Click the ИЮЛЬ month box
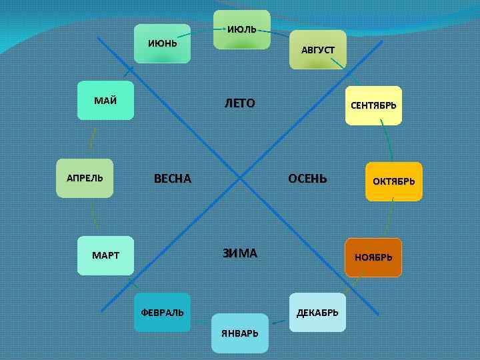[x=241, y=30]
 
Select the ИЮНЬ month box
[x=163, y=44]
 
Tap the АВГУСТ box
[x=318, y=50]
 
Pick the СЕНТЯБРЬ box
[x=373, y=105]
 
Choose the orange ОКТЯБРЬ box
[x=393, y=181]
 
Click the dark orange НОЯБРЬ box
[x=373, y=257]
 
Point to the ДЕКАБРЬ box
[x=317, y=313]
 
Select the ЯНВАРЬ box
[x=240, y=333]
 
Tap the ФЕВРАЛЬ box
[x=162, y=313]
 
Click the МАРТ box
[x=105, y=256]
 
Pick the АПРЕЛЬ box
[x=85, y=179]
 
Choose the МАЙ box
[x=105, y=101]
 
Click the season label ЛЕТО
[x=240, y=104]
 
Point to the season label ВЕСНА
[x=173, y=179]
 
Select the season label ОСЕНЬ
[x=307, y=178]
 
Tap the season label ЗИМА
[x=240, y=253]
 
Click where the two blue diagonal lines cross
[x=241, y=177]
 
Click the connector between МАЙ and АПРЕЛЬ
[x=92, y=139]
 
